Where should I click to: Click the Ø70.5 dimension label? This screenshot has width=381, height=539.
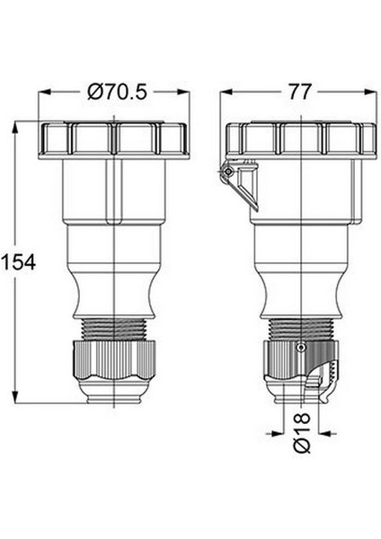tap(117, 93)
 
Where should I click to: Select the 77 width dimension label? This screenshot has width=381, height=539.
tap(299, 93)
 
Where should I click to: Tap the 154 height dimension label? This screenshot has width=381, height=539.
tap(18, 262)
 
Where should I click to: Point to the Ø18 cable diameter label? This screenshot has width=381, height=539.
tap(302, 433)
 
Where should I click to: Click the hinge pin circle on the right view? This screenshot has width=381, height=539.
tap(227, 172)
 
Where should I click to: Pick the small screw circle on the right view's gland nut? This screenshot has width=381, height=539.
tap(301, 348)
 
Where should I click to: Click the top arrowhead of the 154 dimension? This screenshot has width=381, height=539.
tap(15, 128)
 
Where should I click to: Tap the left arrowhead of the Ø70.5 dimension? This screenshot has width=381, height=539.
tap(45, 93)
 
